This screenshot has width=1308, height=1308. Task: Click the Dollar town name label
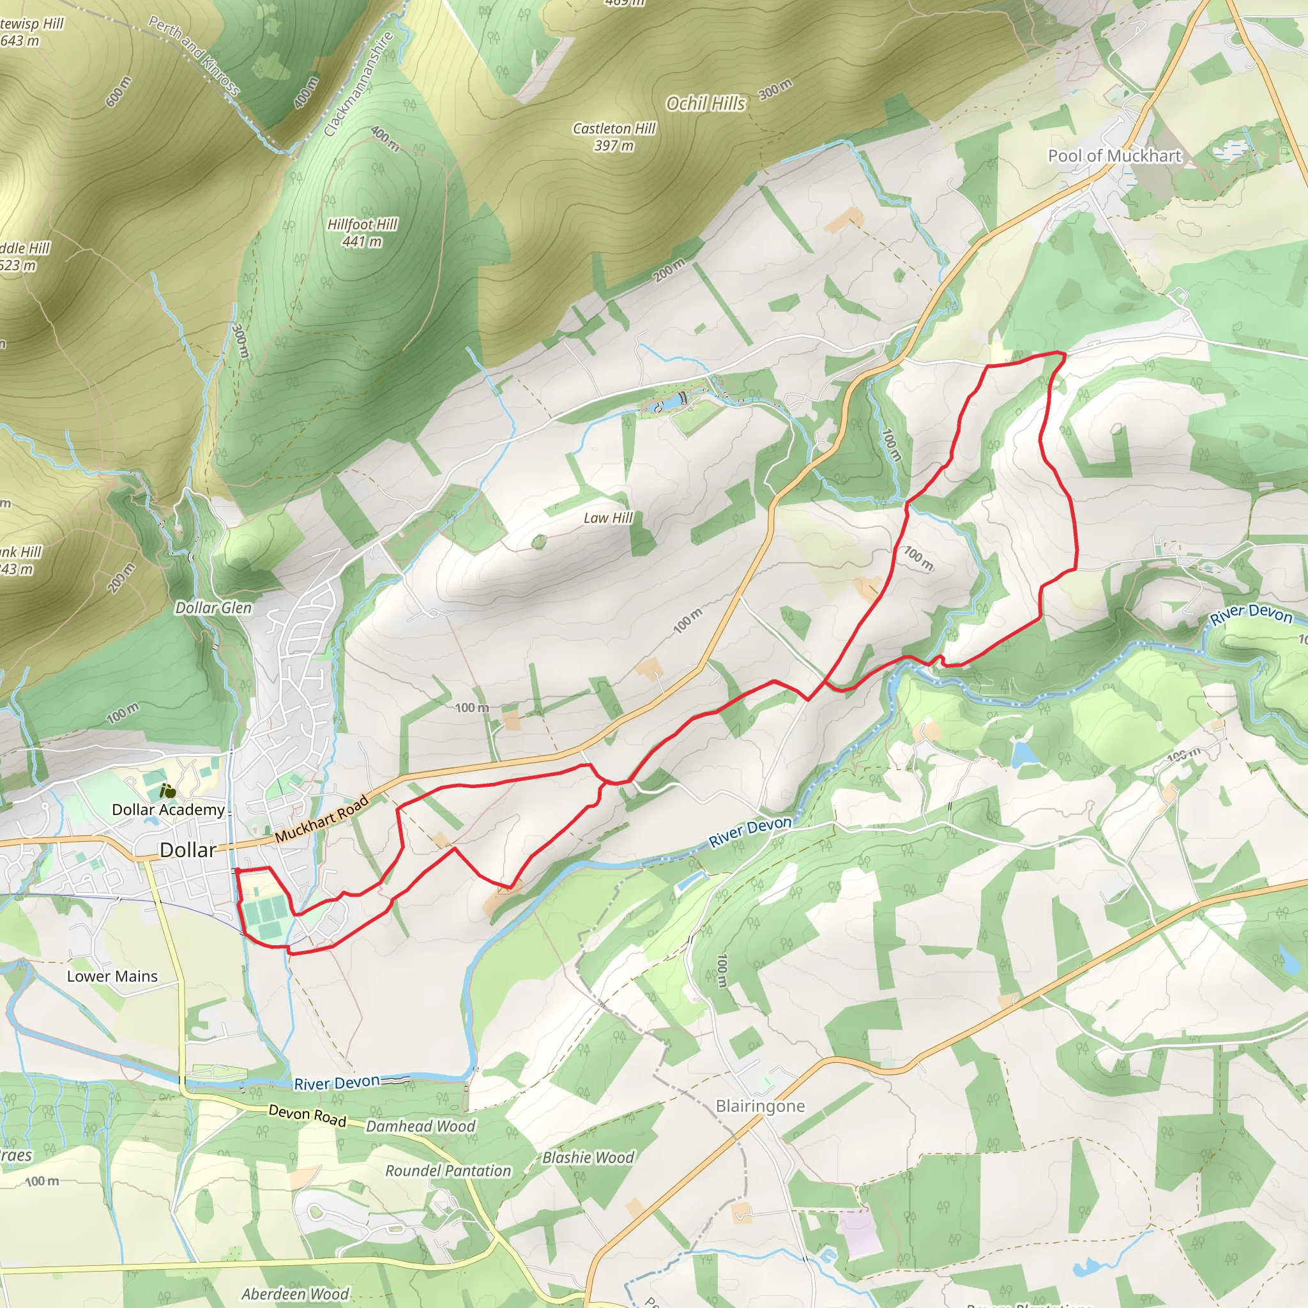188,850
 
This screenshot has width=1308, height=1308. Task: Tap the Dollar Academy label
168,810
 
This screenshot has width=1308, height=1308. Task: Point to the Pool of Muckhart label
1114,156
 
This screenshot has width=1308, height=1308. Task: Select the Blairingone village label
760,1106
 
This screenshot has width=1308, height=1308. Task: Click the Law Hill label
608,518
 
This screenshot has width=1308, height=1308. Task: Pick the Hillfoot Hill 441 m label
362,233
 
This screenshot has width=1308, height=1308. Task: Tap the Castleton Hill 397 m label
614,137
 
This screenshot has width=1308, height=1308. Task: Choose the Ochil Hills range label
706,103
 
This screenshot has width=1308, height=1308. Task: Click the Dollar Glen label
213,608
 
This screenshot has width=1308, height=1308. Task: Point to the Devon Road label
307,1116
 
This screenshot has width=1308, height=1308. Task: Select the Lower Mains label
112,977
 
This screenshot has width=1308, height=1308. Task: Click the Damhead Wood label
420,1126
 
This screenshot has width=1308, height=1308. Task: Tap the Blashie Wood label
588,1157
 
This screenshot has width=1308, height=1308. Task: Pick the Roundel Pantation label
448,1171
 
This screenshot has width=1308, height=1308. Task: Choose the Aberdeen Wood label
295,1294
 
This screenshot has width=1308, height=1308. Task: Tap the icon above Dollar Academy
167,789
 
